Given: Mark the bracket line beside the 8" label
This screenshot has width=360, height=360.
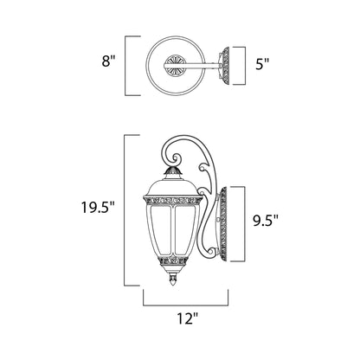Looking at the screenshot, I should coord(127,65).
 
